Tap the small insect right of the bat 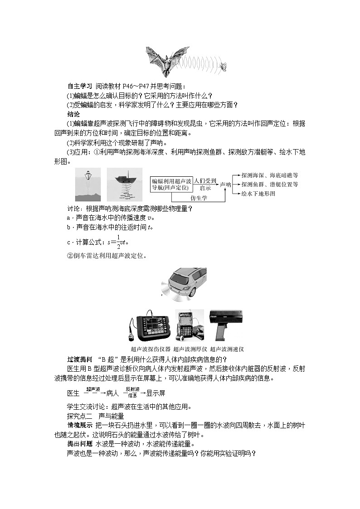pyautogui.click(x=223, y=67)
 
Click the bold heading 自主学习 pyautogui.click(x=80, y=86)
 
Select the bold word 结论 pyautogui.click(x=73, y=114)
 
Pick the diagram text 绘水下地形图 pyautogui.click(x=258, y=194)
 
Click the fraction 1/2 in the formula pyautogui.click(x=118, y=242)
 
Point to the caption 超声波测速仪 pyautogui.click(x=227, y=349)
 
